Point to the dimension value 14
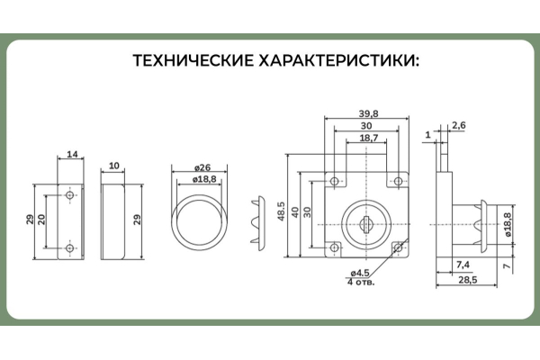(x=71, y=153)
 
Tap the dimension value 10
(x=114, y=166)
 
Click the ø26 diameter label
(x=202, y=168)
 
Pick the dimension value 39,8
(x=367, y=113)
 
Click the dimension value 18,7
(x=367, y=139)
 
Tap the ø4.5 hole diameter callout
(x=358, y=273)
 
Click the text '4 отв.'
(x=359, y=282)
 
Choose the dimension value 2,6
(x=458, y=125)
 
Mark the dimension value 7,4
(x=463, y=264)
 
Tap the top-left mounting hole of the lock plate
(x=334, y=182)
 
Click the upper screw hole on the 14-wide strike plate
(x=70, y=194)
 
